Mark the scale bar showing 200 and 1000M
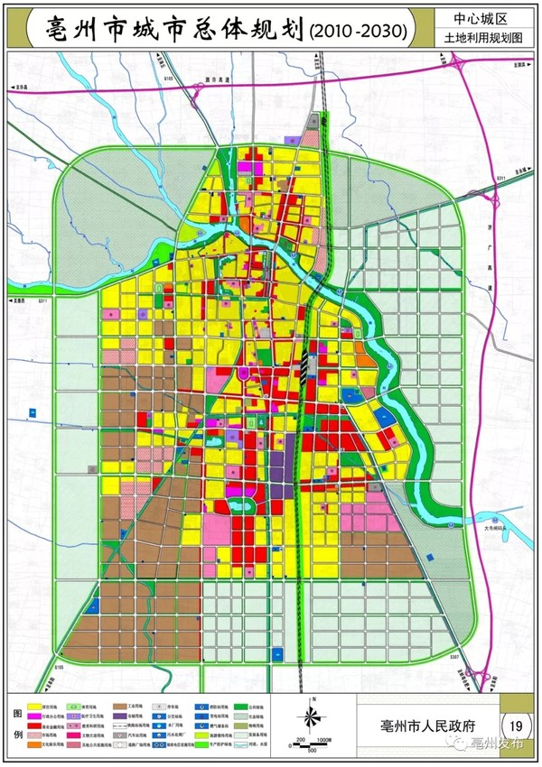click(310, 742)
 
